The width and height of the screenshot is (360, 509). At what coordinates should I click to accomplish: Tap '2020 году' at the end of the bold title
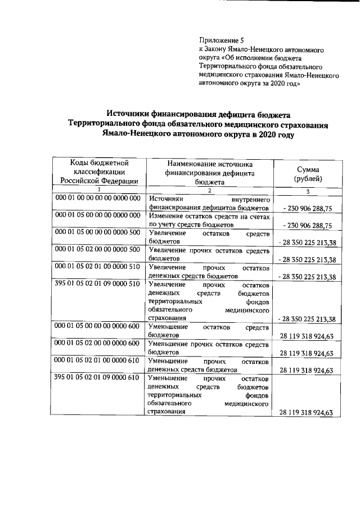click(x=274, y=135)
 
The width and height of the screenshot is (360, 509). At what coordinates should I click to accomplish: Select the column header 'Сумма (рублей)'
click(x=308, y=174)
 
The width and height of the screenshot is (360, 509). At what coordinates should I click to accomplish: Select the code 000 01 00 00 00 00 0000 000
click(x=97, y=199)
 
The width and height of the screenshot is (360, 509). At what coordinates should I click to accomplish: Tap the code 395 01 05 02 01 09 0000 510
click(x=97, y=285)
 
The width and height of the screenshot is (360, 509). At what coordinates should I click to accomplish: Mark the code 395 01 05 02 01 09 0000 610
click(x=97, y=378)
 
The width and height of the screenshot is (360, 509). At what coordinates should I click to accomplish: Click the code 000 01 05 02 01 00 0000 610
click(x=97, y=361)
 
